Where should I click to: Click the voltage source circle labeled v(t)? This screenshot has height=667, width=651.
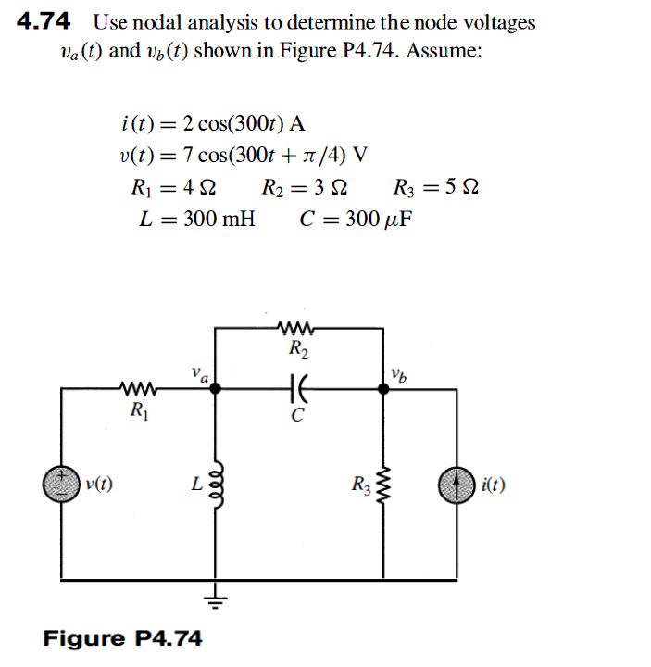tap(63, 484)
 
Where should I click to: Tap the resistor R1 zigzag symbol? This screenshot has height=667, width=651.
tap(137, 389)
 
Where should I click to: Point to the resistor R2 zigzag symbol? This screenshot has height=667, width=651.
tap(298, 327)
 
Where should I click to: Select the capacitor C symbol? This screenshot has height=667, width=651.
tap(298, 391)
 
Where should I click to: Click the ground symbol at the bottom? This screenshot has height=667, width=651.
tap(218, 598)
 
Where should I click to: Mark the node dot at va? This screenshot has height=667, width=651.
tap(218, 390)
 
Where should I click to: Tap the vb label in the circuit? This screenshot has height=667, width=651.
tap(399, 374)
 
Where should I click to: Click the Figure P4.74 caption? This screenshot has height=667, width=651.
tap(122, 638)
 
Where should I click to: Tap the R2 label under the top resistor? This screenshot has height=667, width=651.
tap(298, 350)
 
